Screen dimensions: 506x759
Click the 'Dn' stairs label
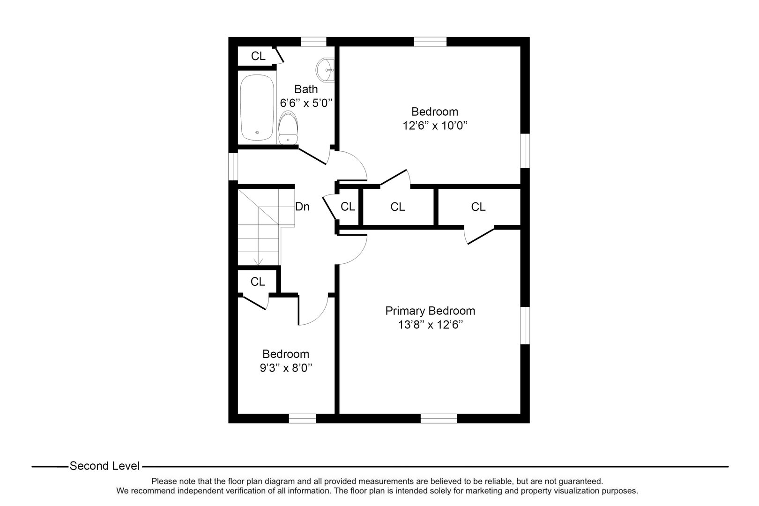302,207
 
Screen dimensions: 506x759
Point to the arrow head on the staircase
258,262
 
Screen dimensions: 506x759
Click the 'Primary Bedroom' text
430,311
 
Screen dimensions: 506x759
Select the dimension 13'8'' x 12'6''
430,325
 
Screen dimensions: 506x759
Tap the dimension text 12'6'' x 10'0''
435,126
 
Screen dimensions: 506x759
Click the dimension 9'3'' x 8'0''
286,368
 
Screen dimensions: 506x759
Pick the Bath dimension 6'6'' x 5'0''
306,103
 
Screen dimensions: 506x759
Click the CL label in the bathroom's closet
258,56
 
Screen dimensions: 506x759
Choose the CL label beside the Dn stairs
348,207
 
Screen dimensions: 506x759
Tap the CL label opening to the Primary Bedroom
478,207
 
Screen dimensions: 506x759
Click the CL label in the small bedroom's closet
258,282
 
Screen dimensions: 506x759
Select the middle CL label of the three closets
397,207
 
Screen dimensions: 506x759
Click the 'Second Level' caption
104,466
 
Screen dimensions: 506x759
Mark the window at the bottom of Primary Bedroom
439,418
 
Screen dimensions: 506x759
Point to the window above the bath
313,42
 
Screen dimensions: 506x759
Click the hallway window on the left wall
233,166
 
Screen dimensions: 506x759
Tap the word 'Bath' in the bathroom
306,89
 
